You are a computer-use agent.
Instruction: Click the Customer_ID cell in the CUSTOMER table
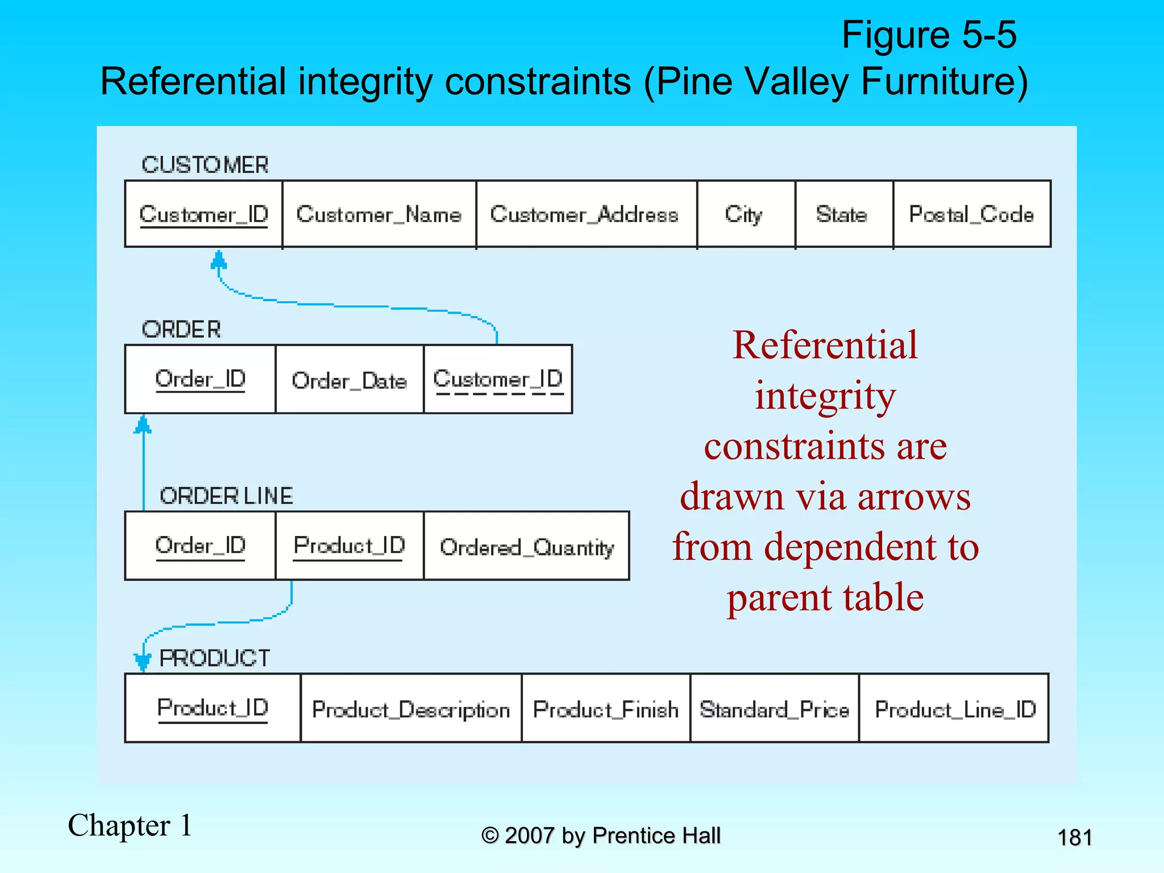coord(203,214)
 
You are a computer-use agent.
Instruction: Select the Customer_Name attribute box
coord(379,214)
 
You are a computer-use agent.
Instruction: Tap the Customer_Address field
coord(585,214)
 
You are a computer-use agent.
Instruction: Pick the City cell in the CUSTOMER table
coord(745,214)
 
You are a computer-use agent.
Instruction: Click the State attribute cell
coord(843,214)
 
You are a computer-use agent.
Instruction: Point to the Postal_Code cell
coord(971,214)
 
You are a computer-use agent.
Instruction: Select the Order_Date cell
coord(349,380)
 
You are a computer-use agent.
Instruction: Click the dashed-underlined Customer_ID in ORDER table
coord(498,380)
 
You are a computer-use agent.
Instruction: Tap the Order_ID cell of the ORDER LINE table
coord(200,546)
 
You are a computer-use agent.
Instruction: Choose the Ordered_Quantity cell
coord(526,547)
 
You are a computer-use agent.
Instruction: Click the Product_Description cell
coord(410,709)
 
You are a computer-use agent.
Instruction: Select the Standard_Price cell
coord(774,709)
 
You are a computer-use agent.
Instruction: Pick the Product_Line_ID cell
coord(954,709)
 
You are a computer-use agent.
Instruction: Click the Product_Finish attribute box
coord(606,709)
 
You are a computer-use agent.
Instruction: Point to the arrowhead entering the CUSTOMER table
coord(219,260)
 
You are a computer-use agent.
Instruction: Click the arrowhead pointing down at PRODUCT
coord(143,661)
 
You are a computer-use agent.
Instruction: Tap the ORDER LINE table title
coord(226,496)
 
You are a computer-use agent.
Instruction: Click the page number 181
coord(1074,837)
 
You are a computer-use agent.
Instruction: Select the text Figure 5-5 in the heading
coord(929,35)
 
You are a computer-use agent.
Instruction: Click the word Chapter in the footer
coord(119,825)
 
